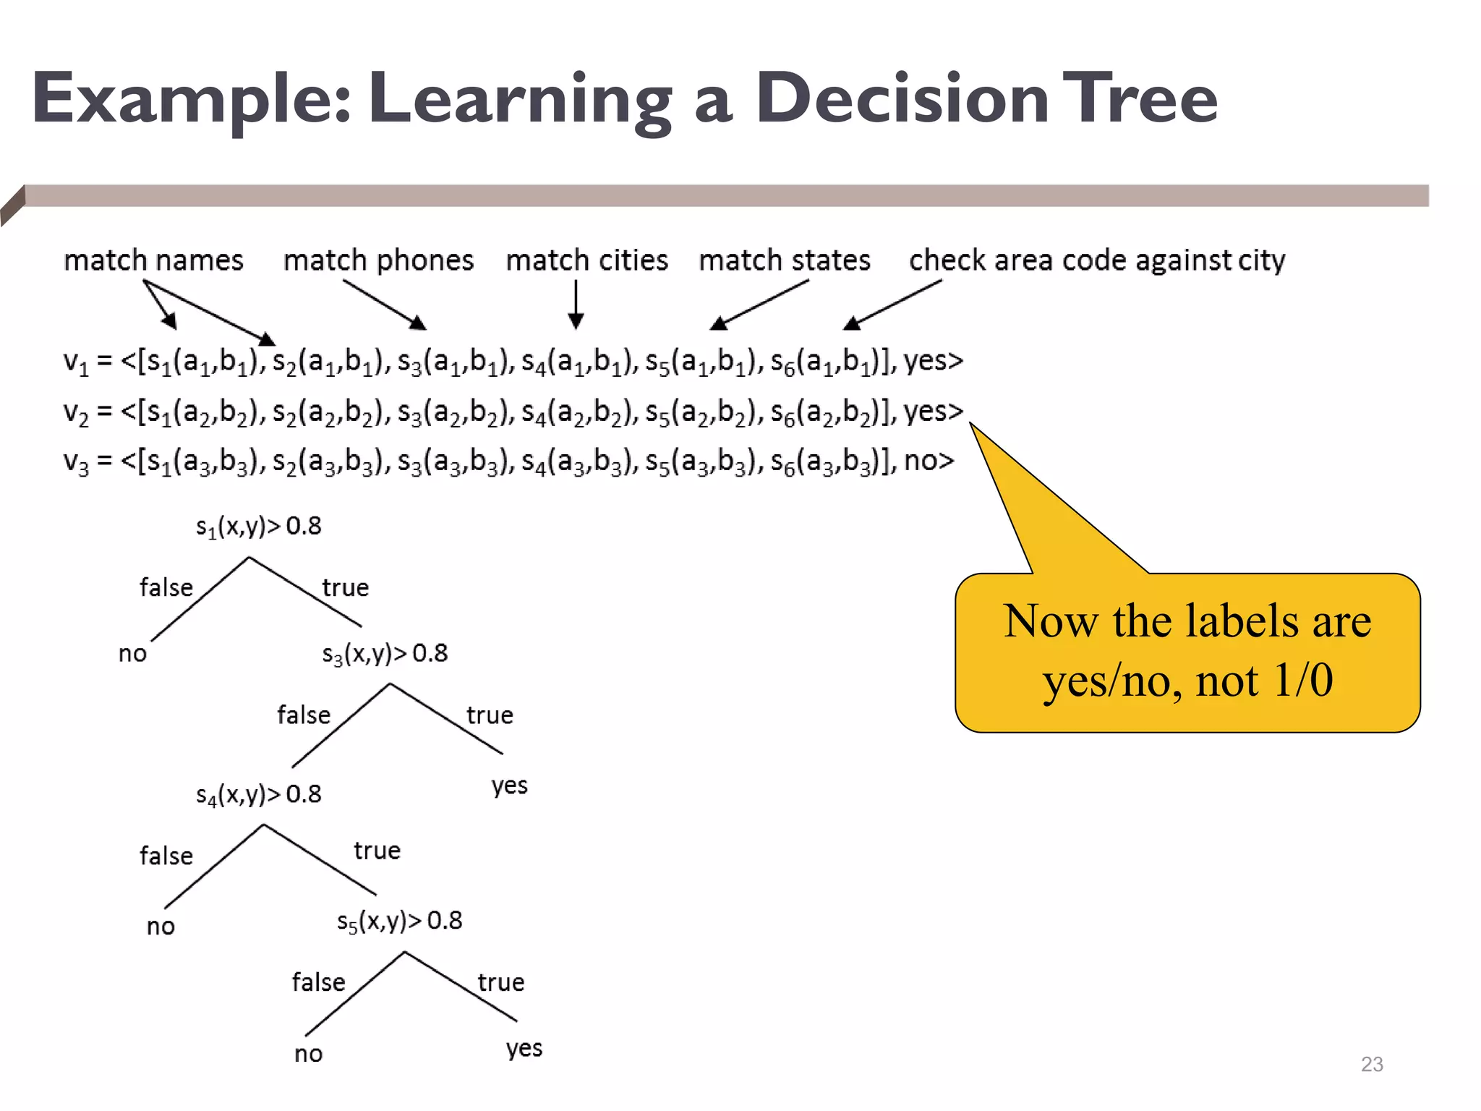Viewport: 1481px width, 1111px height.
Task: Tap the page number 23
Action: (1371, 1064)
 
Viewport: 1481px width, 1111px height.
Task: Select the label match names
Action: (153, 260)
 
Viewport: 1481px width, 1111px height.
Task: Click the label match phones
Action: (378, 260)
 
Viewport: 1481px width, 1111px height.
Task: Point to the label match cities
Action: (586, 260)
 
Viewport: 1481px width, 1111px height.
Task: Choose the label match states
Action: (785, 260)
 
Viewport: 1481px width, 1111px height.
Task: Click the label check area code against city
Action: (1097, 260)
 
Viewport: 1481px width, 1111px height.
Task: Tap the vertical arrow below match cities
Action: (576, 305)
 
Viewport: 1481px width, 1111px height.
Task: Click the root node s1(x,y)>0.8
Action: (258, 527)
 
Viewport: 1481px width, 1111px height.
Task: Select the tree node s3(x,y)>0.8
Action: (385, 654)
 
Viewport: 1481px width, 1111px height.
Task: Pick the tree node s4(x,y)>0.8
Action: (258, 795)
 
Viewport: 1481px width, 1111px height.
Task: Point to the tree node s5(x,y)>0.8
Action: (399, 921)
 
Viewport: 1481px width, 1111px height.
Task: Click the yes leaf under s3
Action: (509, 786)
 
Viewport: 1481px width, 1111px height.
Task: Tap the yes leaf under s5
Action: (524, 1049)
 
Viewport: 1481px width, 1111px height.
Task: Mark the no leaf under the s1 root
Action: (132, 654)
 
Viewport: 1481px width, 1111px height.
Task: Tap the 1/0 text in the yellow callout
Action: (1303, 681)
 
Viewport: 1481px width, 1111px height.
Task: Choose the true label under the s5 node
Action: (500, 983)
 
